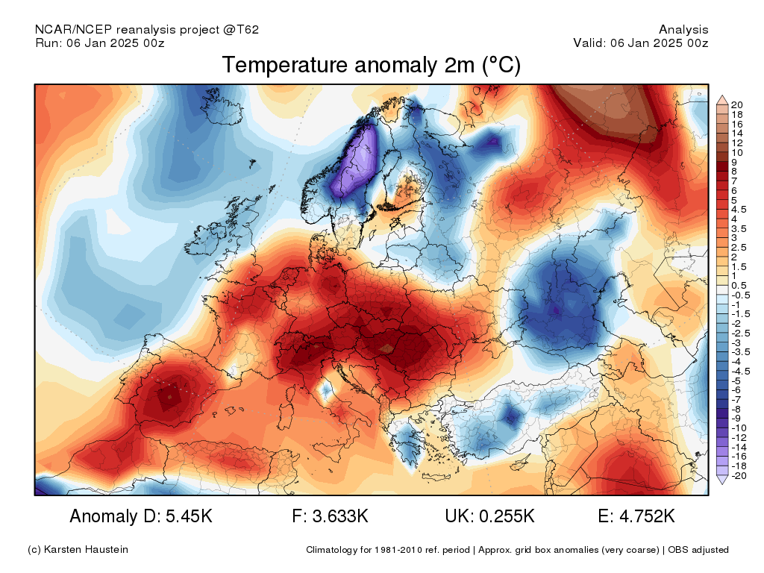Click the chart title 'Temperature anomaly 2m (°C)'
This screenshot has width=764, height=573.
372,65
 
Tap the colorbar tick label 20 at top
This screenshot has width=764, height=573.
736,104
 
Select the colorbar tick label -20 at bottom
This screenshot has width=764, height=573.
739,476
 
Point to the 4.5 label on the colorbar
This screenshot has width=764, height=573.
739,210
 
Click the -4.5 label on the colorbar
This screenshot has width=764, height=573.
741,372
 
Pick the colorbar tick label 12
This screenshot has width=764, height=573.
736,143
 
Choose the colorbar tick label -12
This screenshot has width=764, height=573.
739,438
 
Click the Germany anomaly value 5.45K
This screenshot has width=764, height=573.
189,516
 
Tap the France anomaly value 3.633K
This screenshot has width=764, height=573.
340,516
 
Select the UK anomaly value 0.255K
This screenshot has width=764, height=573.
507,516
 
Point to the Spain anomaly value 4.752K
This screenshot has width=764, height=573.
647,516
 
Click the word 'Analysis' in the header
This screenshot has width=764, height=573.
683,30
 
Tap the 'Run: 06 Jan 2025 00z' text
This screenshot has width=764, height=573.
100,43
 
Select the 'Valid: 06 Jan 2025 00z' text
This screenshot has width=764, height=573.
641,43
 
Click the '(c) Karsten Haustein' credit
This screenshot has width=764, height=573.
78,550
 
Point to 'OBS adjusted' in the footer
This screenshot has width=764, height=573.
698,550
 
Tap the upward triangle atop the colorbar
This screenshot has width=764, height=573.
722,100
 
